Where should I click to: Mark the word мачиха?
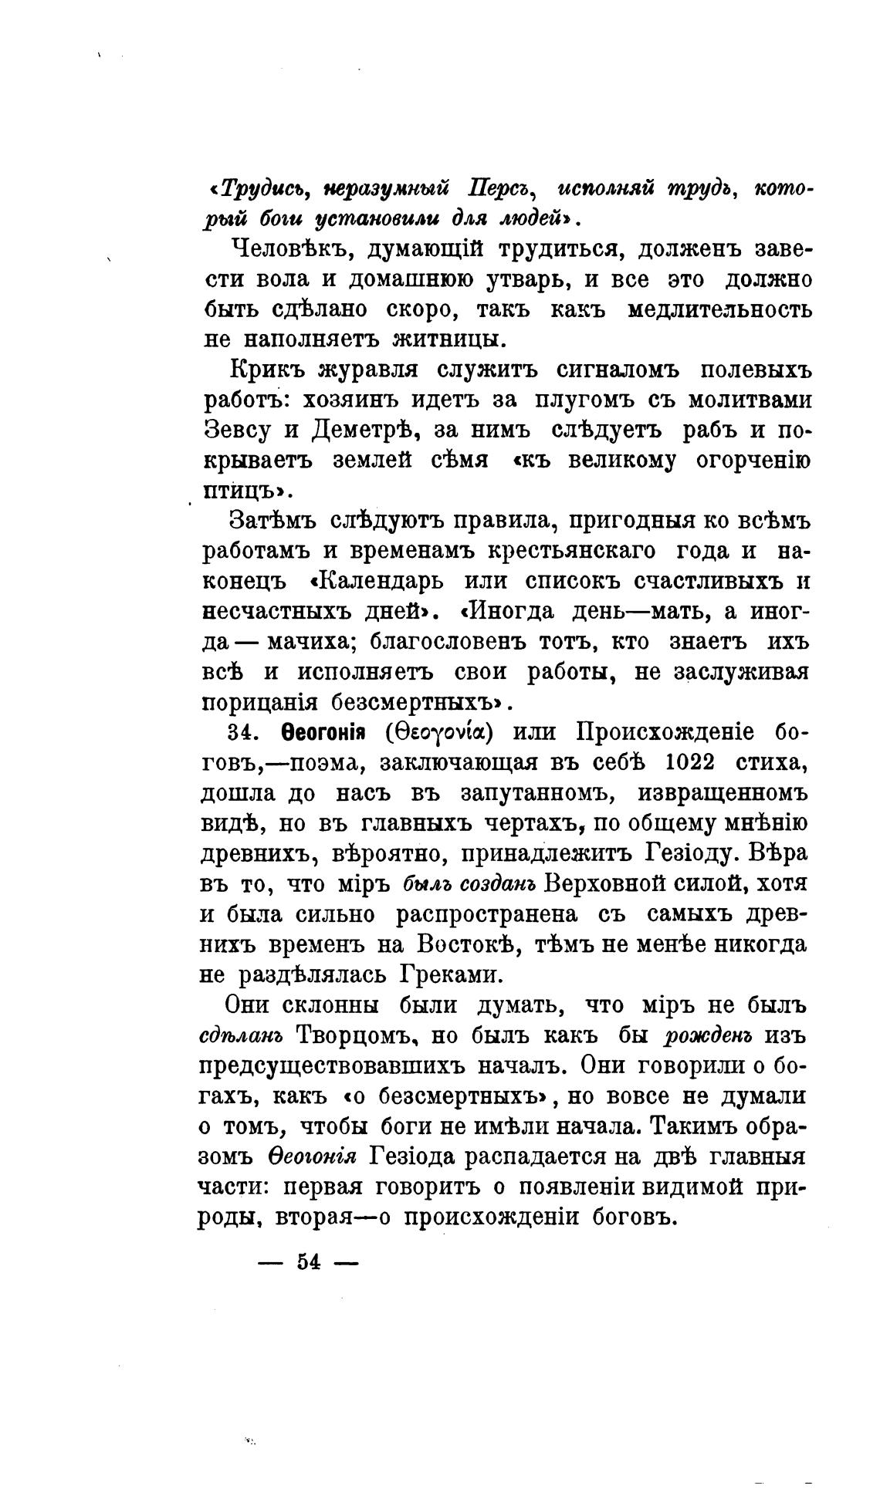[308, 641]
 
